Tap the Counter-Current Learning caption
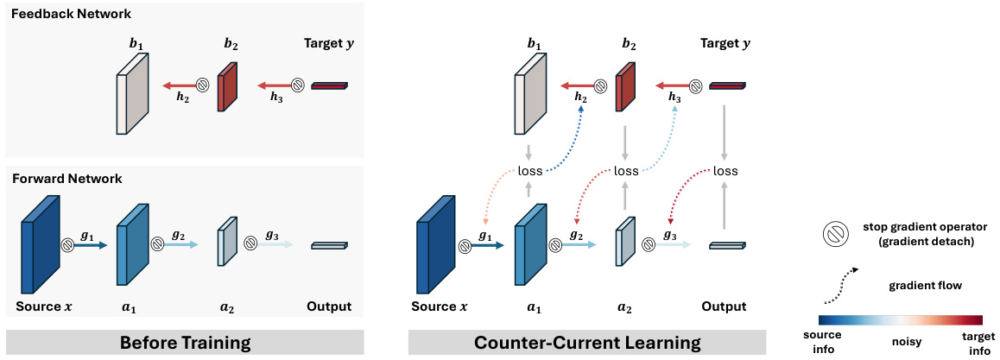tap(587, 343)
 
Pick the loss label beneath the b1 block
tap(530, 171)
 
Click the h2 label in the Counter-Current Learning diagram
tap(580, 98)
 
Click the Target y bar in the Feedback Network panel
tap(328, 85)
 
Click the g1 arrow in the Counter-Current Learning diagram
tap(488, 245)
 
